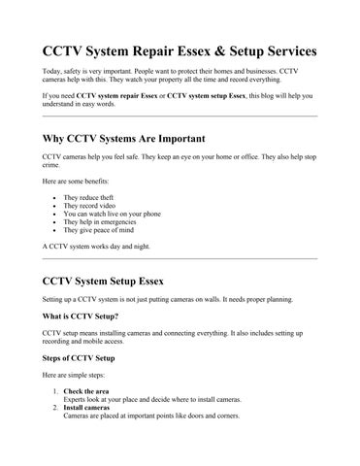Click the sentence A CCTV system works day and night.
pyautogui.click(x=97, y=247)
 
